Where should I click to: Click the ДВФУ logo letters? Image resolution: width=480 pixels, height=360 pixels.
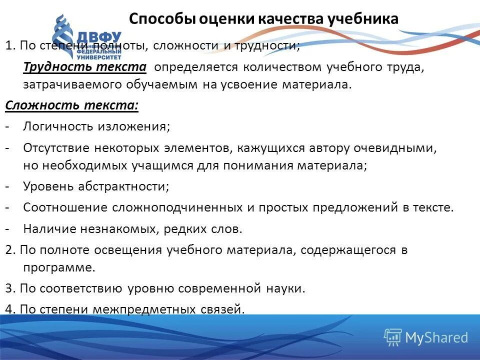click(x=99, y=37)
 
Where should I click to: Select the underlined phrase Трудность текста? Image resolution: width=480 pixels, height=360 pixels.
click(x=84, y=67)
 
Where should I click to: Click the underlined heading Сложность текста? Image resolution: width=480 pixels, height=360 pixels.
click(x=72, y=106)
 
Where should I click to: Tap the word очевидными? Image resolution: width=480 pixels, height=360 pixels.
click(x=396, y=148)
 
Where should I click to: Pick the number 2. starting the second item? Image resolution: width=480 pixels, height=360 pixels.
click(x=10, y=250)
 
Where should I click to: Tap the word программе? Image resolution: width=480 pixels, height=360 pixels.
click(x=59, y=267)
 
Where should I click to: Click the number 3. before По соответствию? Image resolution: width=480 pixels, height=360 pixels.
click(x=10, y=288)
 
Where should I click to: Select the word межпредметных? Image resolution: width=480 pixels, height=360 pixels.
click(x=132, y=309)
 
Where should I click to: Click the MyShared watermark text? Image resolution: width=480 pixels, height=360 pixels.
click(x=436, y=337)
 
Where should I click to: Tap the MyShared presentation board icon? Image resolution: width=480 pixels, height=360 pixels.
click(x=392, y=337)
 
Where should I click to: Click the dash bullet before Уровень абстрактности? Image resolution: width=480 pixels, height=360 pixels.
click(x=8, y=186)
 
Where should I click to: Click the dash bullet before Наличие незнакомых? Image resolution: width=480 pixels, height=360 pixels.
click(x=8, y=229)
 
